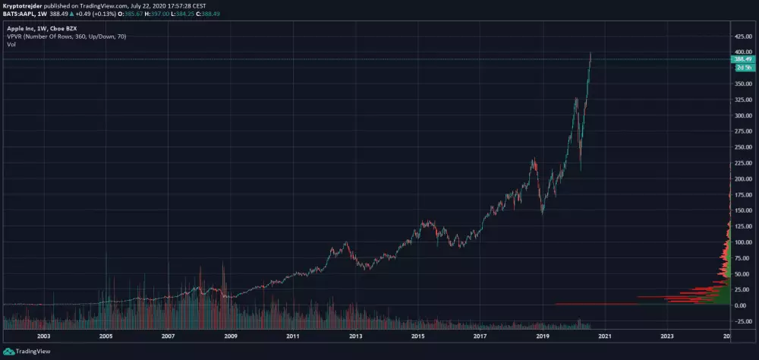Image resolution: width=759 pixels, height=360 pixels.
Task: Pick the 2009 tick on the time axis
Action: pyautogui.click(x=230, y=335)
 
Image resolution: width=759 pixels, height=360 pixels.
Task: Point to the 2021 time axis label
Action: pyautogui.click(x=604, y=335)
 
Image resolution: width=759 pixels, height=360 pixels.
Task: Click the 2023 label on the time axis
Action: pyautogui.click(x=666, y=335)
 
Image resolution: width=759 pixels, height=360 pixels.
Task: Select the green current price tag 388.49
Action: pyautogui.click(x=742, y=59)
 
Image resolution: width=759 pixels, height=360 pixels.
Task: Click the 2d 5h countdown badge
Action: pyautogui.click(x=742, y=67)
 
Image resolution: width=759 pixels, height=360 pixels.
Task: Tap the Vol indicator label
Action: pyautogui.click(x=11, y=44)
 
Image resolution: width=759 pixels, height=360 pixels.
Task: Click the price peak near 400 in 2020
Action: pyautogui.click(x=591, y=54)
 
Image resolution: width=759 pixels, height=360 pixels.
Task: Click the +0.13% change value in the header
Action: pyautogui.click(x=102, y=13)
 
